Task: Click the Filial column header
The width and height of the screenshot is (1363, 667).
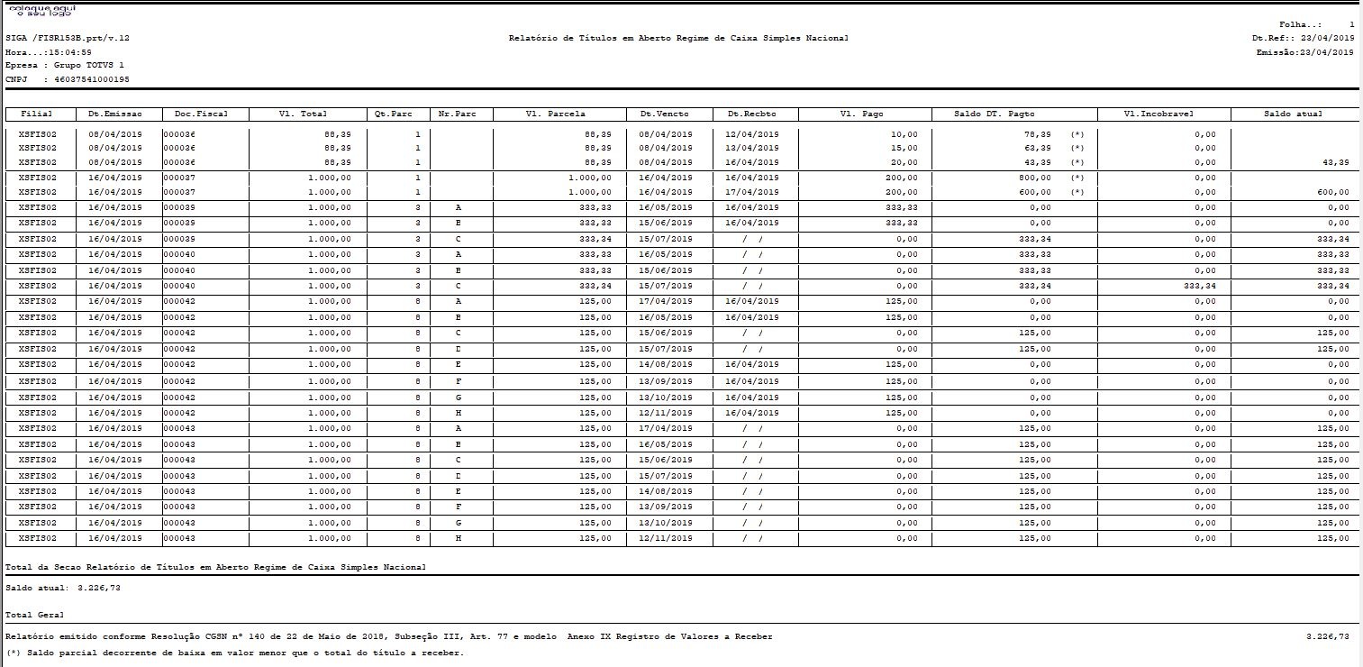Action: pos(37,114)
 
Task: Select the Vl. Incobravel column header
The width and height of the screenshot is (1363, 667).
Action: pos(1163,114)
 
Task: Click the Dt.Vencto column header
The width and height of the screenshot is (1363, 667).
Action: pos(665,114)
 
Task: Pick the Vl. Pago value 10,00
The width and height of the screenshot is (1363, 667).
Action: pos(904,134)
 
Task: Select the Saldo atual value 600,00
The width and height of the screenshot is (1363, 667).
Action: pos(1332,192)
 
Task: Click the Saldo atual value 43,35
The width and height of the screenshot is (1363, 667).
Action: pos(1335,162)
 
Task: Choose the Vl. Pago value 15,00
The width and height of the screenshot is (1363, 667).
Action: pos(904,148)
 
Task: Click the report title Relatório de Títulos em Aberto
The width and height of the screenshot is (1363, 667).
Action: pos(677,39)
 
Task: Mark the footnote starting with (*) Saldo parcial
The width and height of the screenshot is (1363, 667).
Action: pos(234,653)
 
